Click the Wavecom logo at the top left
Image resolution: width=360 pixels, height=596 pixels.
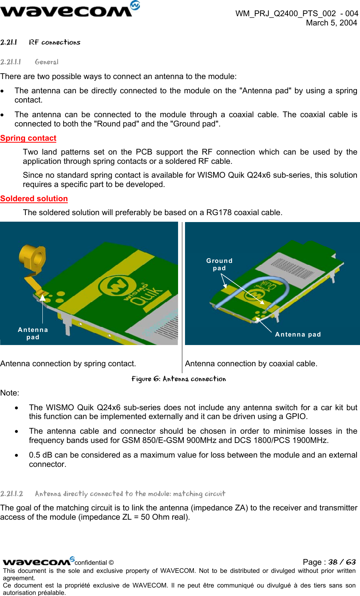click(x=69, y=9)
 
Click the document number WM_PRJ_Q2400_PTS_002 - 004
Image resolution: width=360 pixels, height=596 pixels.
click(x=296, y=13)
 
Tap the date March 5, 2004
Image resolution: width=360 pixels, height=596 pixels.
click(x=331, y=23)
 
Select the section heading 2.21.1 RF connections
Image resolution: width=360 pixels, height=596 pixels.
click(x=40, y=42)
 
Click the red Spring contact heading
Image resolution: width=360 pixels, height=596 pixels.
click(x=28, y=138)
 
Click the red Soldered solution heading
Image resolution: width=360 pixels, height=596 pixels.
click(x=34, y=199)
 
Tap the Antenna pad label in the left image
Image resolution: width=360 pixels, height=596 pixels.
click(x=33, y=333)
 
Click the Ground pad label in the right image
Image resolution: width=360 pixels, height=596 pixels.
click(x=219, y=264)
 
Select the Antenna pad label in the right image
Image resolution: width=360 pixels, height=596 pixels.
click(x=298, y=335)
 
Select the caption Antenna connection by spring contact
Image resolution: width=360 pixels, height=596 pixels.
click(x=68, y=364)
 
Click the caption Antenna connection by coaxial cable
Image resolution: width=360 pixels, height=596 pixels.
click(x=251, y=364)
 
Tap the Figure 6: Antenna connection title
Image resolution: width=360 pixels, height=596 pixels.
click(x=178, y=379)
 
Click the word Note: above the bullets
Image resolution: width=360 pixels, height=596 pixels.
click(x=10, y=393)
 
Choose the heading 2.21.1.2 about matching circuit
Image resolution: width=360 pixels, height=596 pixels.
click(x=113, y=494)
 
